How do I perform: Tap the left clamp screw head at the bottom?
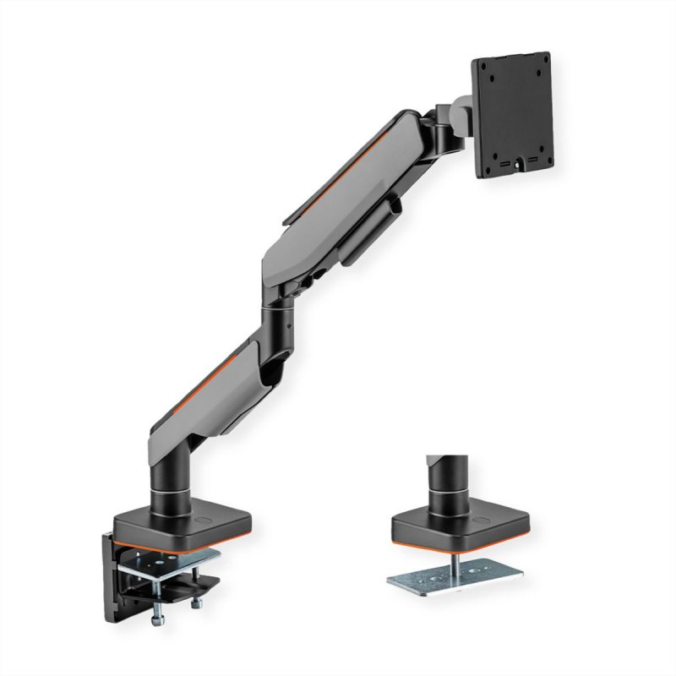tap(158, 621)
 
